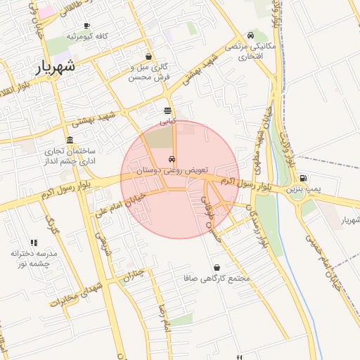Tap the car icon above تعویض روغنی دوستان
pos(172,159)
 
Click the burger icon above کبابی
pos(167,110)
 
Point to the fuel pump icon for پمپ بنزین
pos(303,179)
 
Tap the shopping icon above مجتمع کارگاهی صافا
pos(216,268)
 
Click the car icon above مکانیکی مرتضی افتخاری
pos(251,35)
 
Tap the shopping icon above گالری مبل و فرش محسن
pos(148,57)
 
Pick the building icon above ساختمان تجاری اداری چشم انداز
pos(70,140)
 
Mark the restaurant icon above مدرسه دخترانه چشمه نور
pos(34,243)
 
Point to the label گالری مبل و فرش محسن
pos(150,72)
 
